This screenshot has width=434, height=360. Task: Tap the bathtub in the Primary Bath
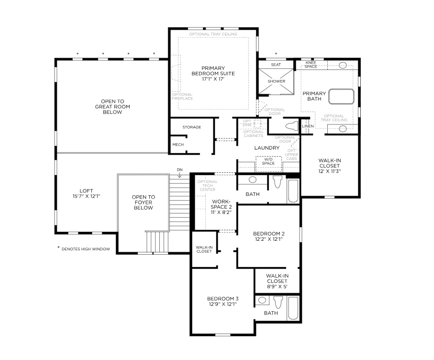click(341, 96)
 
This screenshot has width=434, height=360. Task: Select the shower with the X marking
click(276, 80)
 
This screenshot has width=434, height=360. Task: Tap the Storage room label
click(191, 127)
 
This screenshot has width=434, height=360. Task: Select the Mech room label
click(178, 144)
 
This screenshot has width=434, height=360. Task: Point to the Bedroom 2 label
click(268, 236)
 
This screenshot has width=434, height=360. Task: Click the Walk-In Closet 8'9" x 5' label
click(278, 281)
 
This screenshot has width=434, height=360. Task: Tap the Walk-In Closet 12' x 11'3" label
click(330, 166)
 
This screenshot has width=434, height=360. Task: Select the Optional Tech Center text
click(207, 186)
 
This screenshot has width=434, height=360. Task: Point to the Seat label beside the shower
click(276, 65)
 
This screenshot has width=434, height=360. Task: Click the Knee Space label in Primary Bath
click(311, 65)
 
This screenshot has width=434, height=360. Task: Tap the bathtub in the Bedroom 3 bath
click(293, 308)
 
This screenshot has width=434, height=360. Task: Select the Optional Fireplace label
click(182, 97)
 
